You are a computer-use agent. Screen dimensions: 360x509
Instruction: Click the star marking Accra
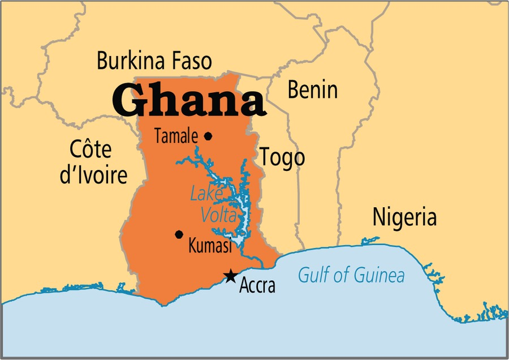tap(230, 276)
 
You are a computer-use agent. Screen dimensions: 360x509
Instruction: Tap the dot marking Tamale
tap(208, 136)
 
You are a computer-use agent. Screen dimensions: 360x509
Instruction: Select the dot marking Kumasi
tap(179, 234)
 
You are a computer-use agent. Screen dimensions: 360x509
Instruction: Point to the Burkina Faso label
tap(154, 61)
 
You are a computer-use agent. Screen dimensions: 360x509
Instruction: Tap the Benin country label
tap(312, 89)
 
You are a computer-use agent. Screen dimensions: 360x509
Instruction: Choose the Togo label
tap(282, 157)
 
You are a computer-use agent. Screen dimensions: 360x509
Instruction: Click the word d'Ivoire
tap(94, 175)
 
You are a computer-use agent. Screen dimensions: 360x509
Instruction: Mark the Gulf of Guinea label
tap(351, 276)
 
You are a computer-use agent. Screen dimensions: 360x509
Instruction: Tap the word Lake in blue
tap(205, 194)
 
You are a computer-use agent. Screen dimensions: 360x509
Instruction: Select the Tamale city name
tap(176, 136)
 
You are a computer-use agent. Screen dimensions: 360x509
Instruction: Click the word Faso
tap(190, 61)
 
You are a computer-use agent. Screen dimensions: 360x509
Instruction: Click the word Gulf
tap(311, 276)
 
